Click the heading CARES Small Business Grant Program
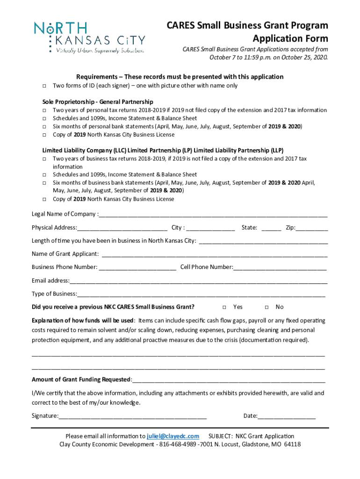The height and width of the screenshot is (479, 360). click(247, 25)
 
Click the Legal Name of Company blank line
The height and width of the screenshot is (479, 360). click(213, 215)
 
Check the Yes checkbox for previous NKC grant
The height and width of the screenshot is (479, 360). click(224, 307)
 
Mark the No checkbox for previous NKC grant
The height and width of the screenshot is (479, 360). click(266, 307)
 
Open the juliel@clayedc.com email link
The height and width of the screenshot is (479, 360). click(173, 436)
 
